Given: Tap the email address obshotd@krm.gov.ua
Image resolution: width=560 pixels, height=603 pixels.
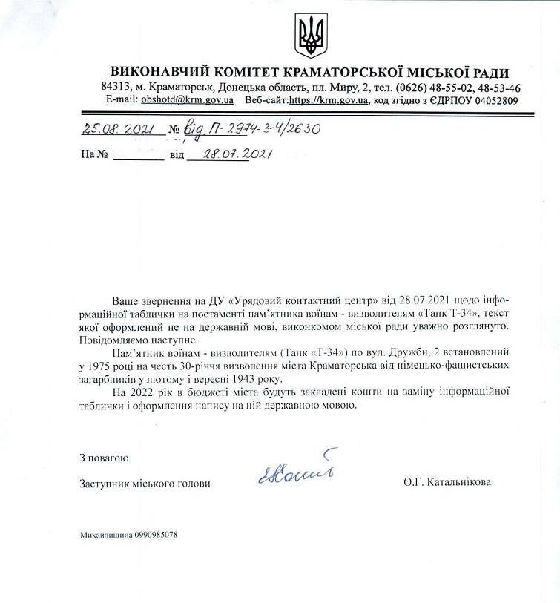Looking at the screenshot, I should pyautogui.click(x=187, y=100).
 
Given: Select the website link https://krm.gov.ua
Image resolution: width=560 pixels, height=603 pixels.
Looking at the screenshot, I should pyautogui.click(x=329, y=100).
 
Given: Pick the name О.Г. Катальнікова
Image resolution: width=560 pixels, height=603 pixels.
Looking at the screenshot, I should pyautogui.click(x=447, y=483).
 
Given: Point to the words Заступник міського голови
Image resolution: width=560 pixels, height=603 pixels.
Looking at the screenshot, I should pyautogui.click(x=145, y=484).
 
